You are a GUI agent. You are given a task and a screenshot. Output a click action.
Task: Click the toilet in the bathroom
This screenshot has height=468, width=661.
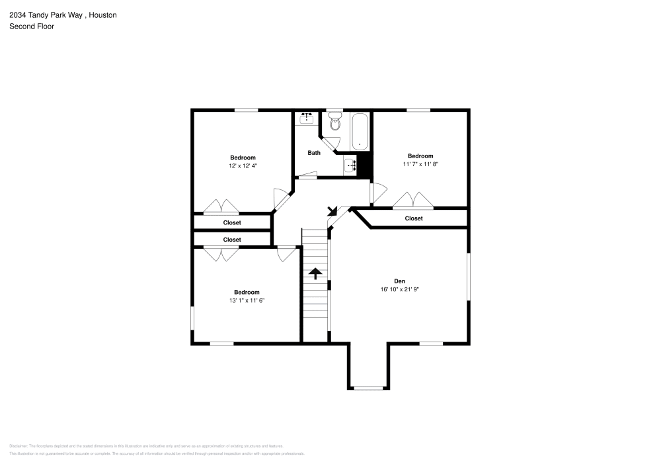pyautogui.click(x=334, y=123)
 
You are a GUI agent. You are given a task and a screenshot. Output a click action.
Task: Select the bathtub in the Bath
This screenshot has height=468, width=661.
pyautogui.click(x=360, y=130)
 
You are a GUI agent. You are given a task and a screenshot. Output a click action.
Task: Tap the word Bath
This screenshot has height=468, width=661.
pyautogui.click(x=314, y=153)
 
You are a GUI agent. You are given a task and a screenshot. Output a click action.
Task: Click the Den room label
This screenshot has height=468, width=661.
pyautogui.click(x=400, y=281)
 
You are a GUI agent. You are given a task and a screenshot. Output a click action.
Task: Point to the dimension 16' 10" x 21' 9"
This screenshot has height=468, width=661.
pyautogui.click(x=400, y=289)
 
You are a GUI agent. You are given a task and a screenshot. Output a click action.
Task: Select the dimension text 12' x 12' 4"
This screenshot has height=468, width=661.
pyautogui.click(x=243, y=166)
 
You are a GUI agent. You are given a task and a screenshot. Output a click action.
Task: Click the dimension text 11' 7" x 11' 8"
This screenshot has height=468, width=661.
pyautogui.click(x=420, y=165)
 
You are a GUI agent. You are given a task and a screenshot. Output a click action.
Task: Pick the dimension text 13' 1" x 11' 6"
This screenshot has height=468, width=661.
pyautogui.click(x=247, y=301)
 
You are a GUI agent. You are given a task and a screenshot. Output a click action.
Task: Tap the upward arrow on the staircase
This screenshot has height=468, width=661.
pyautogui.click(x=315, y=273)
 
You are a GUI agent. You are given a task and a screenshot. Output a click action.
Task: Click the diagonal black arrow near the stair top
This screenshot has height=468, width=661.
pyautogui.click(x=332, y=211)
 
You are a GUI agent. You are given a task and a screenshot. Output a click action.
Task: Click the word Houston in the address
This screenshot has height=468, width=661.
pyautogui.click(x=103, y=15)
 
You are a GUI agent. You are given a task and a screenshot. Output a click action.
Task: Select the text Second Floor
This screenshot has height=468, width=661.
pyautogui.click(x=32, y=26)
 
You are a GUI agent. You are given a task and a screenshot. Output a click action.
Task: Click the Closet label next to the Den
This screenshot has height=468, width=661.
pyautogui.click(x=414, y=218)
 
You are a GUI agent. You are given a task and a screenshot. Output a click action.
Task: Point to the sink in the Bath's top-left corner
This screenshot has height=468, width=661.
pyautogui.click(x=307, y=118)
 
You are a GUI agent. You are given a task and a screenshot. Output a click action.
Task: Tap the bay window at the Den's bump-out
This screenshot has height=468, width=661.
pyautogui.click(x=369, y=387)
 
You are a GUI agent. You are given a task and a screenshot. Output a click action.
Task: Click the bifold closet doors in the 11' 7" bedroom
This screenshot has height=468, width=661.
pyautogui.click(x=413, y=200)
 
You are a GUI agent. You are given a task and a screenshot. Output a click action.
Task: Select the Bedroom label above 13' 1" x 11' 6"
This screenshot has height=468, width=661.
pyautogui.click(x=247, y=292)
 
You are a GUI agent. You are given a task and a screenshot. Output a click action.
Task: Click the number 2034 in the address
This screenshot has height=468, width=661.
pyautogui.click(x=17, y=15)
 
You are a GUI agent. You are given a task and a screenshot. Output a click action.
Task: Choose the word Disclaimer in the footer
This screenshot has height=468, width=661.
pyautogui.click(x=19, y=446)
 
